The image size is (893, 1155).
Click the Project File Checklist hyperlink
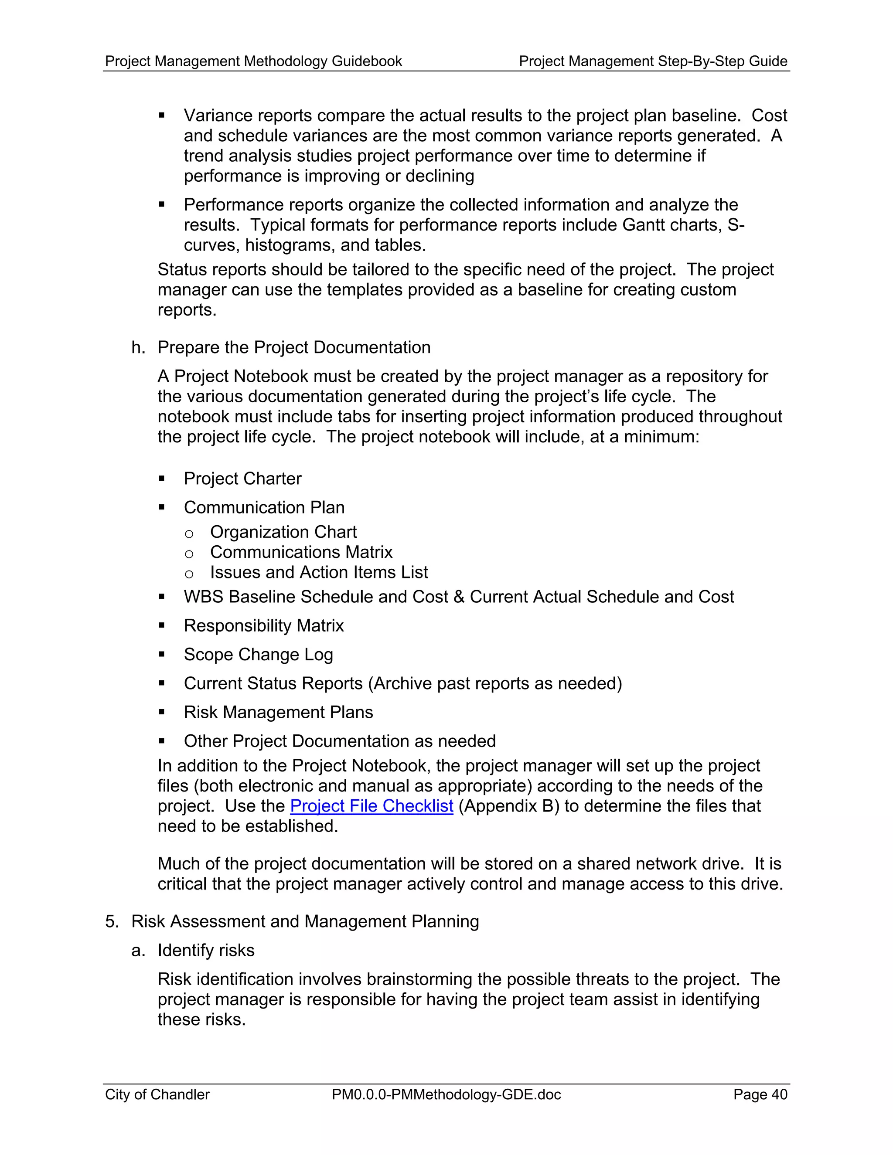click(x=372, y=806)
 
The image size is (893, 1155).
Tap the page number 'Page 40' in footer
click(x=760, y=1094)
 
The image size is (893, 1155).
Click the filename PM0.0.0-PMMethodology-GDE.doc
click(x=446, y=1094)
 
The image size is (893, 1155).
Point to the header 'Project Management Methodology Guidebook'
click(x=253, y=61)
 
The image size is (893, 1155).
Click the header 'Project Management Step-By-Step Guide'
click(x=653, y=61)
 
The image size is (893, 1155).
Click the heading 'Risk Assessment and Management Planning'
click(x=305, y=921)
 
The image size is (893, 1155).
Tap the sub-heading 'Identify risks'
click(x=206, y=950)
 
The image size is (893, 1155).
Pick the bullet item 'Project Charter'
click(x=242, y=479)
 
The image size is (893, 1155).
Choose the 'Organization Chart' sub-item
click(x=283, y=532)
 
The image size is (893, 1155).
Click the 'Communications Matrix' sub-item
click(x=301, y=552)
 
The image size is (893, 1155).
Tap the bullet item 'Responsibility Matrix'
click(x=263, y=625)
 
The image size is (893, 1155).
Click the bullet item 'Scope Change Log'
click(x=258, y=655)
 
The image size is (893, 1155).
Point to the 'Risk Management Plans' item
click(x=278, y=712)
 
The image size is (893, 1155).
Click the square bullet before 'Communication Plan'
click(x=162, y=508)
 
